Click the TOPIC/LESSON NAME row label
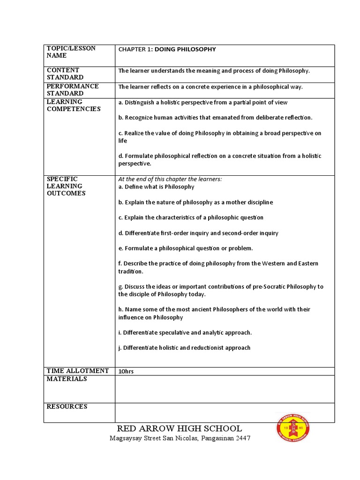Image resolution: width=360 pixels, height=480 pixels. tap(71, 52)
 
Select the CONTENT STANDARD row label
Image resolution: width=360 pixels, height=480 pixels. tap(65, 74)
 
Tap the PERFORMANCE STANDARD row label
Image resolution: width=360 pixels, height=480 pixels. tap(73, 90)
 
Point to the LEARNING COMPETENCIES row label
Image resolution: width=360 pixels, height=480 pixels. tap(74, 105)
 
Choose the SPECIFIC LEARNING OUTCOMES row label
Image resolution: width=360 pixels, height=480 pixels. tap(66, 186)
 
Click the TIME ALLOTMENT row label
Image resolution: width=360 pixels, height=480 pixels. tap(78, 371)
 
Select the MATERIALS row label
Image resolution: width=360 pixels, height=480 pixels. tap(67, 379)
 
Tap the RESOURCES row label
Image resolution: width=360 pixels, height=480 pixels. tap(67, 406)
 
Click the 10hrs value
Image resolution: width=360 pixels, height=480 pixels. tap(126, 371)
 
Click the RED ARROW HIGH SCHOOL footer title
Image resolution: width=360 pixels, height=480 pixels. tap(180, 428)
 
